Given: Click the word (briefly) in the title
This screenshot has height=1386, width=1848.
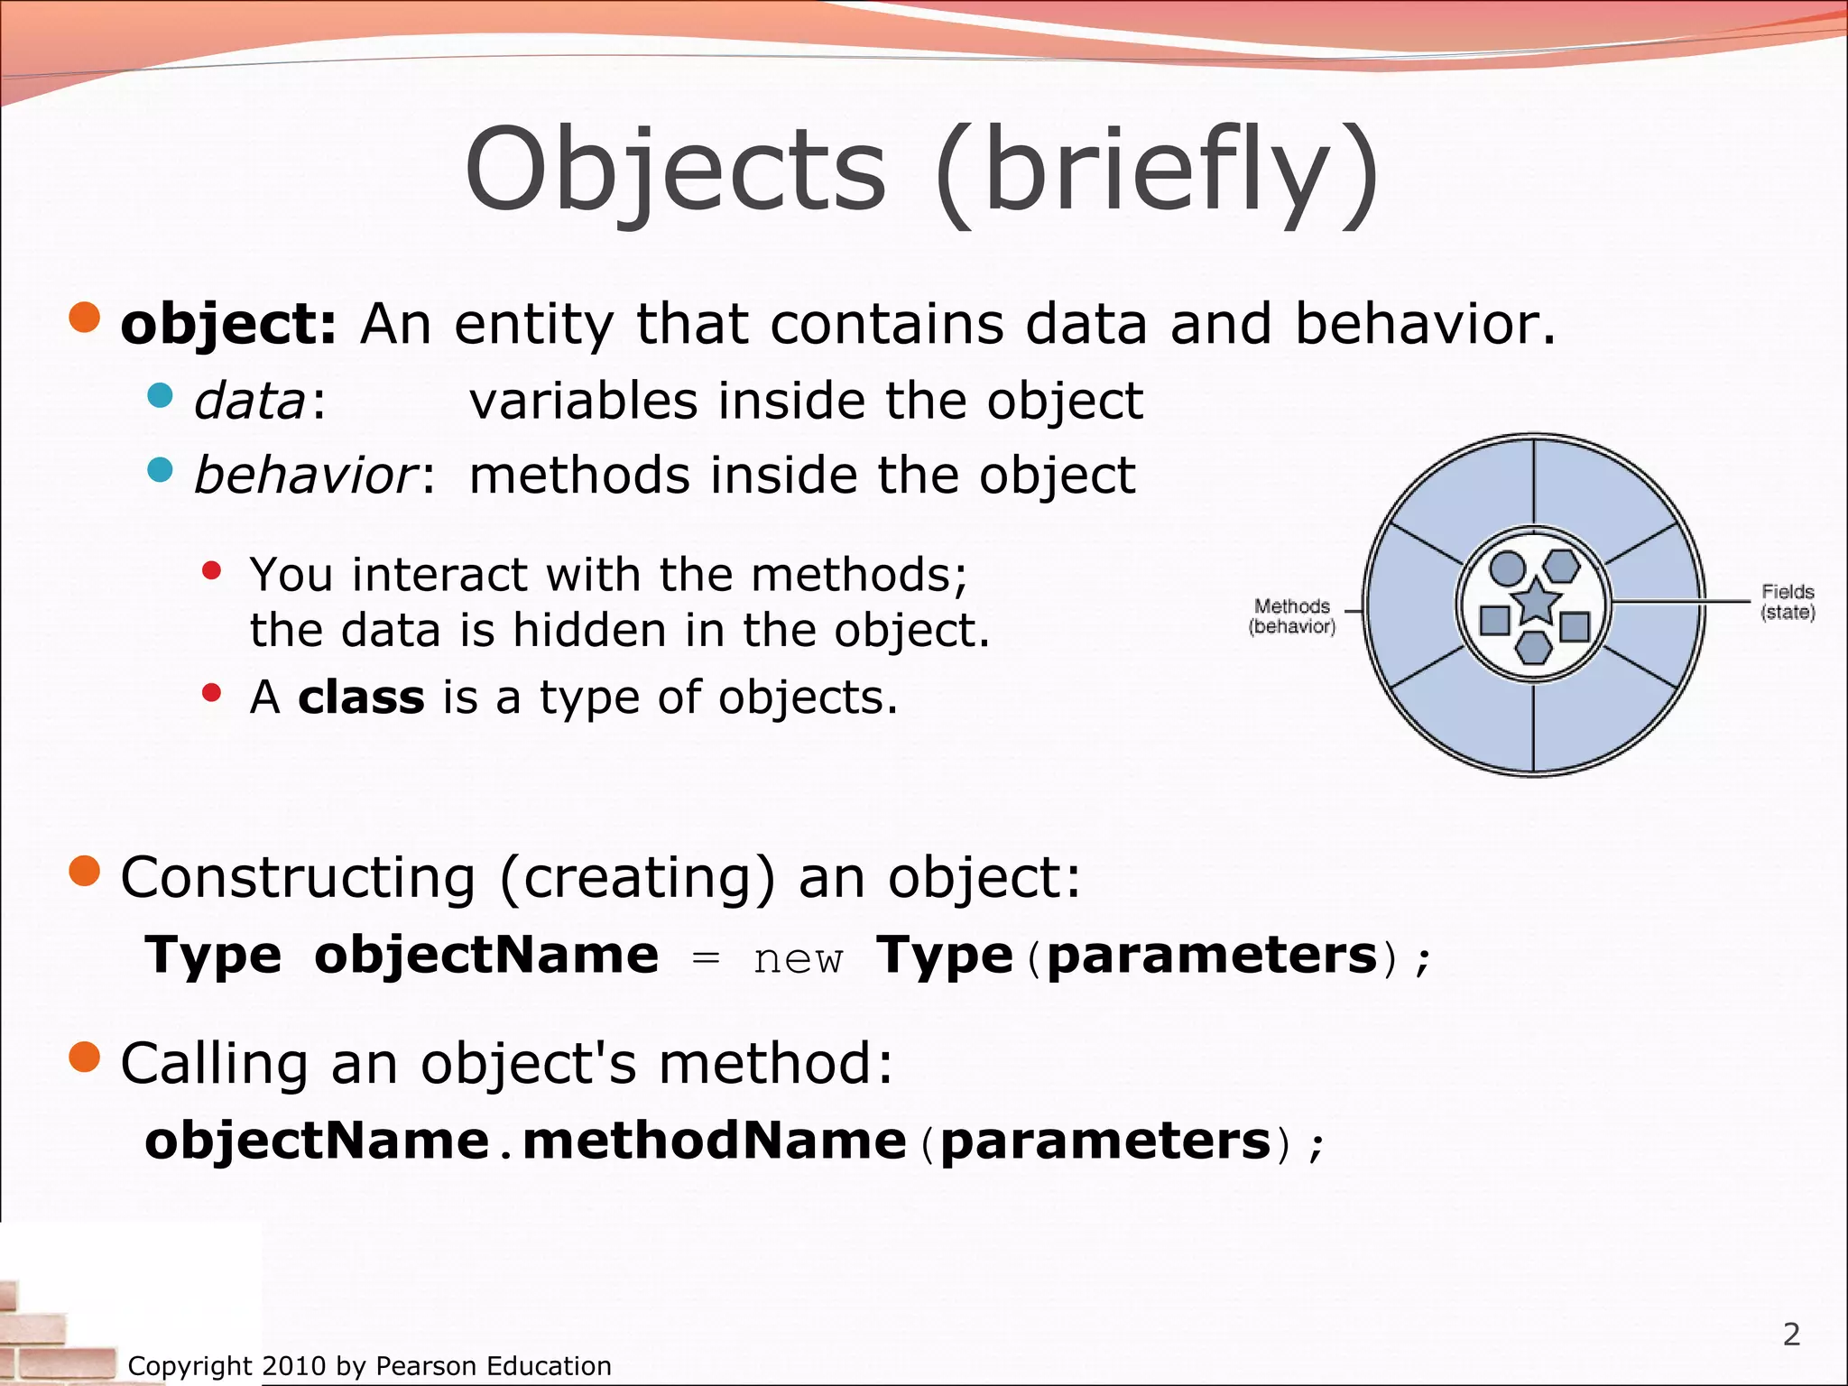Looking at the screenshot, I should pos(1157,171).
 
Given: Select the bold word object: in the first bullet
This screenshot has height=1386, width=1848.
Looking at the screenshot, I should pos(228,325).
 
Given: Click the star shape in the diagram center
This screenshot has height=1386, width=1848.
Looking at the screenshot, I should pos(1535,602).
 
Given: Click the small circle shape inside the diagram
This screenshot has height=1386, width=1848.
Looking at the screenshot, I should pos(1506,568).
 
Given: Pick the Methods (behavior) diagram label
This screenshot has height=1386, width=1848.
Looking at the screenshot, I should pos(1292,616).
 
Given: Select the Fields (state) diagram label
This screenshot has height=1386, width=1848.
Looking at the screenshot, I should pos(1788,602).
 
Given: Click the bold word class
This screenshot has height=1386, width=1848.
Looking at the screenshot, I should pos(361,698).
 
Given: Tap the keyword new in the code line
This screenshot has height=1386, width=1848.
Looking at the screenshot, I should pos(798,959).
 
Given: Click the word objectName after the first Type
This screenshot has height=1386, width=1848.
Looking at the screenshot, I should pos(486,956).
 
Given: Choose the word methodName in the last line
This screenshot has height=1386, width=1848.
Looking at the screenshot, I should pos(714,1141).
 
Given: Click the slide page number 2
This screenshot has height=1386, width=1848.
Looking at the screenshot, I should pos(1791,1334).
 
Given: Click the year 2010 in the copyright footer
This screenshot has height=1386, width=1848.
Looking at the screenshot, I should pos(294,1366).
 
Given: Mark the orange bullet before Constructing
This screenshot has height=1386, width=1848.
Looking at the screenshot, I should pos(85,872).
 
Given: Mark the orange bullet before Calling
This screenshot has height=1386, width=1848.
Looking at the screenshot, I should pos(85,1057).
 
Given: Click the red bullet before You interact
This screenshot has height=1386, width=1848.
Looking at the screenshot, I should pos(211,570).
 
